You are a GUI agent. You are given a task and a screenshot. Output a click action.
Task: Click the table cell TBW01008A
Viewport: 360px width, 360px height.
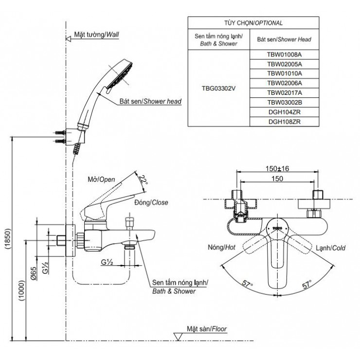[285, 55]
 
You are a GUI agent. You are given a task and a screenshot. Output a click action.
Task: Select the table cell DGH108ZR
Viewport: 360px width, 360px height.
[285, 123]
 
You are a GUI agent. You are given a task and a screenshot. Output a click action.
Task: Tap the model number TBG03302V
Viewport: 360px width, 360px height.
[218, 89]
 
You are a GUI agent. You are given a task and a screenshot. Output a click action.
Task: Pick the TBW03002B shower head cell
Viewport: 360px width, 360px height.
[285, 103]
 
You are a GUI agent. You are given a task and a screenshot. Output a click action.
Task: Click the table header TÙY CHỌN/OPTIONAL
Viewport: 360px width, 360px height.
[253, 23]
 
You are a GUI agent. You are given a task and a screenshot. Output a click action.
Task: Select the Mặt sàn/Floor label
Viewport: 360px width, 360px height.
[207, 328]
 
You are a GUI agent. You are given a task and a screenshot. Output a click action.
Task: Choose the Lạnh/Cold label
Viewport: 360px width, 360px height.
[330, 248]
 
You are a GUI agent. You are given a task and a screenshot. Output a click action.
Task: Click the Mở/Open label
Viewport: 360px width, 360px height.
[101, 180]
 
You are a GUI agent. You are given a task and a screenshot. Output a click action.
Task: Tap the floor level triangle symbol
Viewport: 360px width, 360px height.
[179, 336]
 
